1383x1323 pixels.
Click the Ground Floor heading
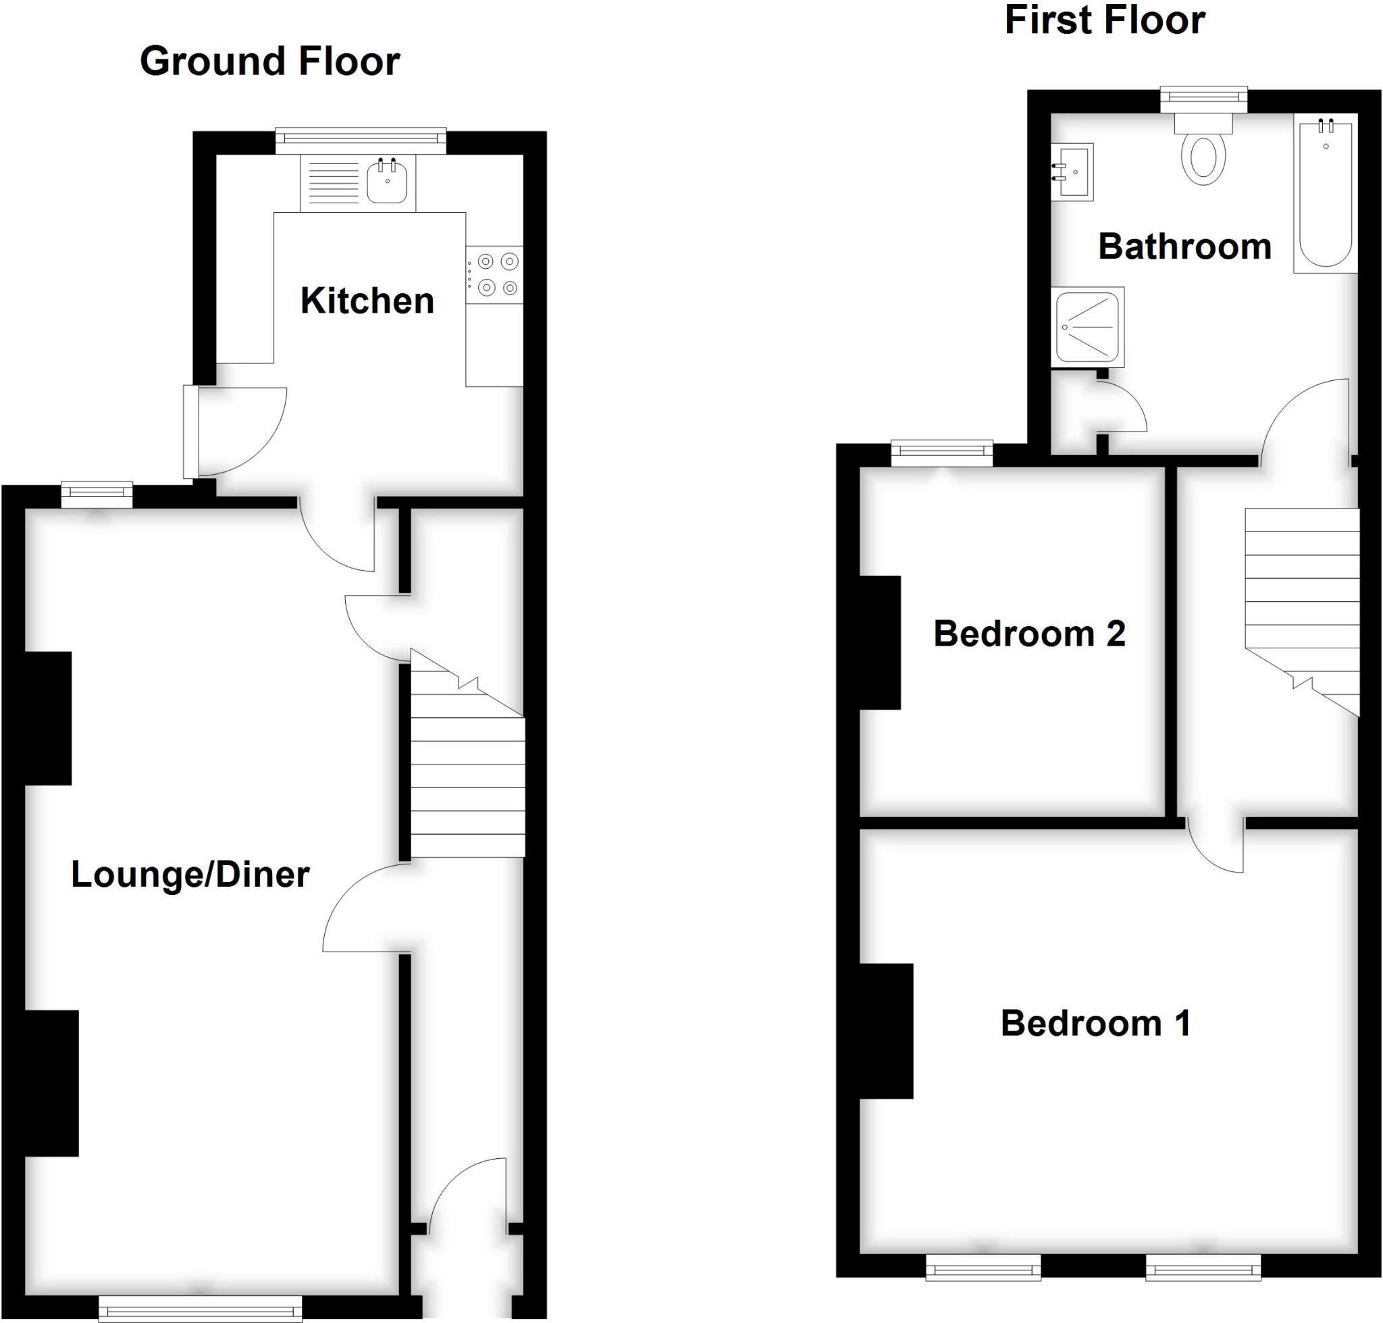(x=269, y=61)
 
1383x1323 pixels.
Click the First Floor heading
(x=1104, y=20)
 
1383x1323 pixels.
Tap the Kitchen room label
(x=367, y=301)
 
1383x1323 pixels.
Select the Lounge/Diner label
(x=190, y=875)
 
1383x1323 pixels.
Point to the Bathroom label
(x=1185, y=247)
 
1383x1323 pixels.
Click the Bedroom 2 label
(x=1029, y=634)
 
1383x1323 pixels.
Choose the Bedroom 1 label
(x=1095, y=1024)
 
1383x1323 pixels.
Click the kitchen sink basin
(x=386, y=181)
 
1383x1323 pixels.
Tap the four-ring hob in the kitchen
(x=495, y=275)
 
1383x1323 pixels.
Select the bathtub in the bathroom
(x=1325, y=193)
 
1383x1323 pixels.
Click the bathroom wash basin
(x=1072, y=172)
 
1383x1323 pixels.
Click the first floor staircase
(x=1302, y=600)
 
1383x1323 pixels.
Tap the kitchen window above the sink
(x=361, y=140)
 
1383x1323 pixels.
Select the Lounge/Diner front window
(x=201, y=1308)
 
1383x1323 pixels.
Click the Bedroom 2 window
(x=941, y=453)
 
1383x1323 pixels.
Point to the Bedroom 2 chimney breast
(x=879, y=642)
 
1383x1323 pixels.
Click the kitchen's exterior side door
(x=191, y=432)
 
